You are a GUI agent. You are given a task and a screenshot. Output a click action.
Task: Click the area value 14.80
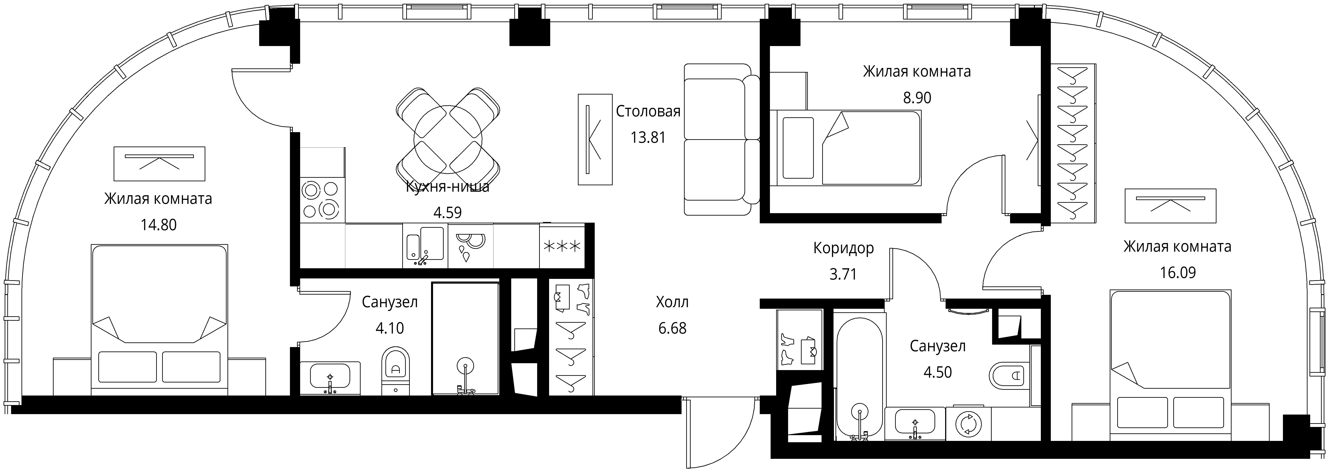[158, 225]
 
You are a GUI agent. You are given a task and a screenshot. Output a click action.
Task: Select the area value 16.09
[1178, 272]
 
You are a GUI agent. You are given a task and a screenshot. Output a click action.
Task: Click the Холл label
[672, 302]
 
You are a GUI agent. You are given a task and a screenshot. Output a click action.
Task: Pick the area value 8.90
[917, 97]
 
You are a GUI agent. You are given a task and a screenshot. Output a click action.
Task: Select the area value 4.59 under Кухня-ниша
[447, 212]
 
